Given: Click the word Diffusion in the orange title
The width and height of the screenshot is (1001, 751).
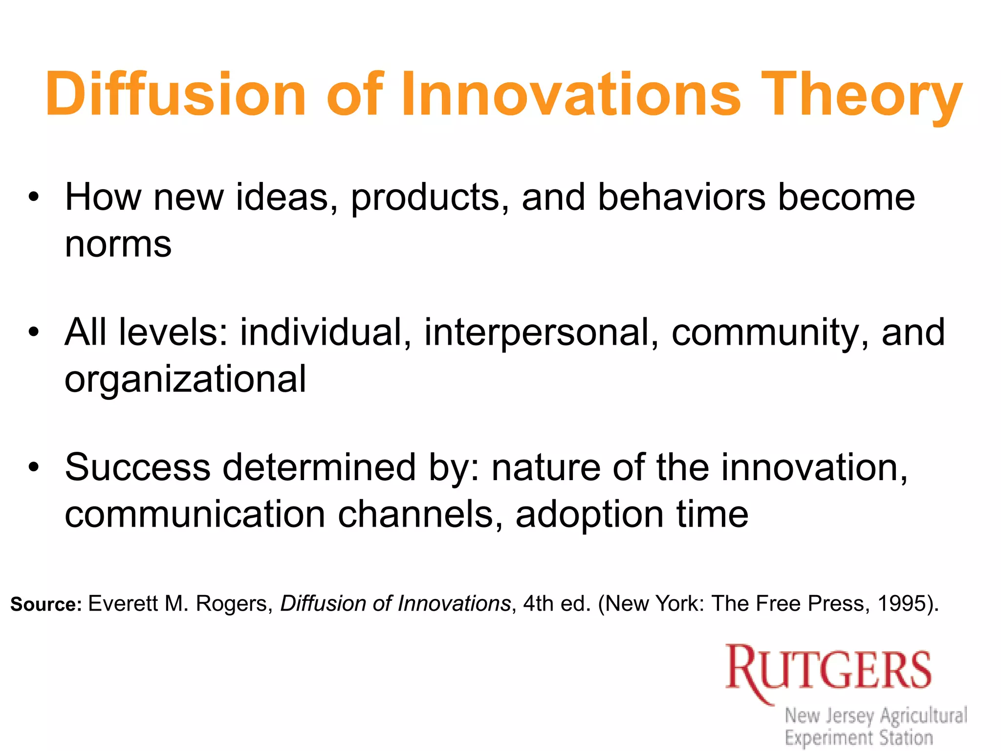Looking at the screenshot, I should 176,94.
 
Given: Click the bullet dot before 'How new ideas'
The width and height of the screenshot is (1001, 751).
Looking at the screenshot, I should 33,198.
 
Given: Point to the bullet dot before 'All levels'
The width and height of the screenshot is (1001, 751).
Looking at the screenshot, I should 33,333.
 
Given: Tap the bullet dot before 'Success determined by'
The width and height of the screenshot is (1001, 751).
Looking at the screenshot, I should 33,468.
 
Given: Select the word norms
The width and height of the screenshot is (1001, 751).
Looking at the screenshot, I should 118,244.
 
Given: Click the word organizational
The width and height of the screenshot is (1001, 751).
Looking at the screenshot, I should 185,379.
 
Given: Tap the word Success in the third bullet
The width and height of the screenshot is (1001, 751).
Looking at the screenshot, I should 137,467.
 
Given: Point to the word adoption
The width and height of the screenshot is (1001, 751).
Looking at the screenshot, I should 589,515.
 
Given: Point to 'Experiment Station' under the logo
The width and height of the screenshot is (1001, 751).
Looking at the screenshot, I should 859,737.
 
